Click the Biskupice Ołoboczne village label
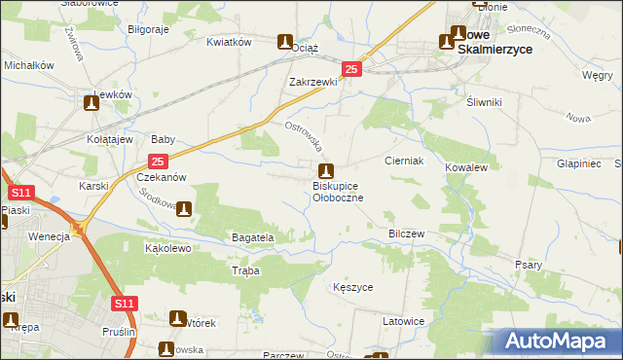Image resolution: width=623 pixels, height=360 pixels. [x=338, y=191]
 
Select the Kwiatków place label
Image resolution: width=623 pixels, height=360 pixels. [x=230, y=42]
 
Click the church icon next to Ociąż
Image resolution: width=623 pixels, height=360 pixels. [x=285, y=43]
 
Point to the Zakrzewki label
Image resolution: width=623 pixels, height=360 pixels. [x=312, y=82]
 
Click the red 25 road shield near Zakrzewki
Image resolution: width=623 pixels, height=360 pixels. [x=352, y=69]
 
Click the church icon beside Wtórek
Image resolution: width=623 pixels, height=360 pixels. [x=178, y=317]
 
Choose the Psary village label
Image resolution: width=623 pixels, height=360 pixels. [x=529, y=264]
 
